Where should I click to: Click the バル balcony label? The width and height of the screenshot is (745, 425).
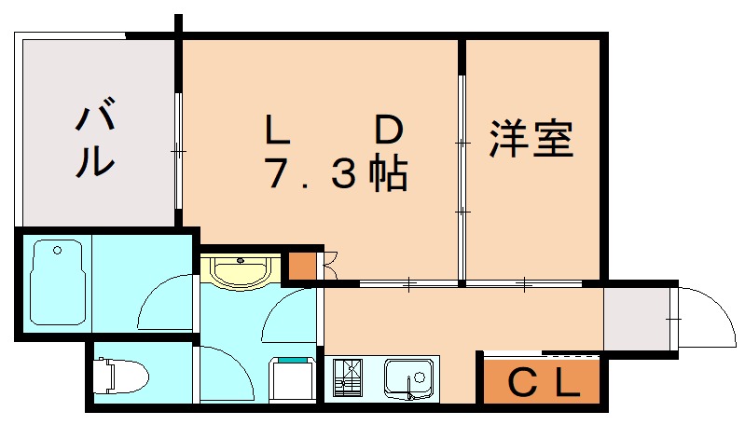pos(95,141)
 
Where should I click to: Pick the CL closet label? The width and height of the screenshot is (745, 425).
pos(540,382)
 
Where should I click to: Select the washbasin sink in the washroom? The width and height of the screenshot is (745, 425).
pos(241,272)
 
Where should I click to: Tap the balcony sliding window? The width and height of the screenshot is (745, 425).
pos(177,149)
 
